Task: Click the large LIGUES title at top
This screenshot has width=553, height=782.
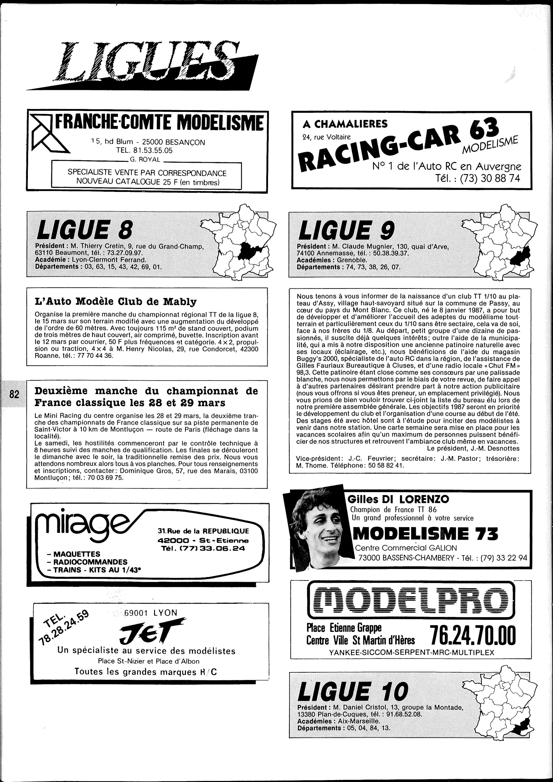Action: click(143, 63)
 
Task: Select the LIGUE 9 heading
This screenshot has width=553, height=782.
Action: click(346, 230)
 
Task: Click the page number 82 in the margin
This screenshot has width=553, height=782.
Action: click(14, 395)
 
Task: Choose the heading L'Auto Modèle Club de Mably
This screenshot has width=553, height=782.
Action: click(116, 301)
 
